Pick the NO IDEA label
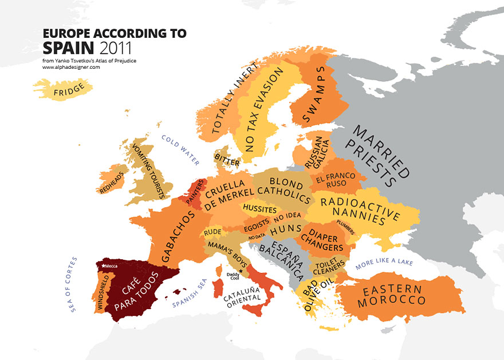pos(287,216)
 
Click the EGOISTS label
pos(256,226)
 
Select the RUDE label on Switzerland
pos(212,232)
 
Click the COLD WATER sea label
pos(180,150)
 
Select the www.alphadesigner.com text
pos(71,67)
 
